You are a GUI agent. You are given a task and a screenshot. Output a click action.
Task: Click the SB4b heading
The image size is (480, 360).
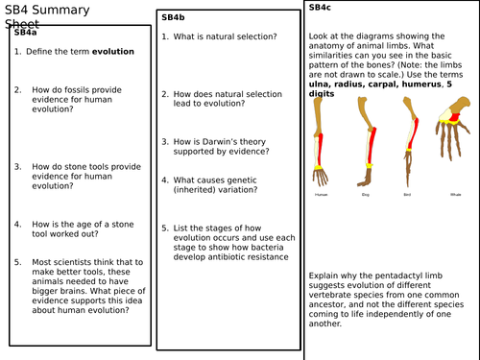[x=173, y=17]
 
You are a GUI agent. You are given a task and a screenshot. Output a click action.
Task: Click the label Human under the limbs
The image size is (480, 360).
[x=322, y=194]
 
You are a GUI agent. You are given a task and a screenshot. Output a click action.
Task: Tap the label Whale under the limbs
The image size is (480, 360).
[x=456, y=194]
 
